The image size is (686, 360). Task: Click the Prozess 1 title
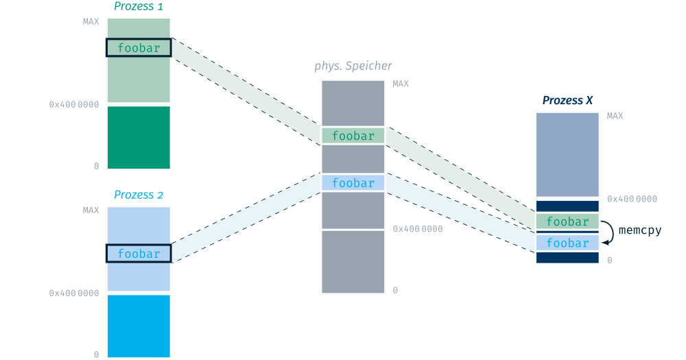pos(138,8)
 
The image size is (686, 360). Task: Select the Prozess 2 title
pos(138,195)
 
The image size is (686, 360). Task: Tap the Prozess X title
pos(567,101)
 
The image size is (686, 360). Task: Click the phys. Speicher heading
pos(353,67)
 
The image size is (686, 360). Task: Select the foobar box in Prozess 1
pos(138,48)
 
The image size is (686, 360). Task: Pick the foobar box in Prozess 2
pos(138,254)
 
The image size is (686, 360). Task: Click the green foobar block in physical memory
pos(353,136)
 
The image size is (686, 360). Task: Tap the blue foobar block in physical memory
pos(353,183)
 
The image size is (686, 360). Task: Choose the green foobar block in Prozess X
pos(567,221)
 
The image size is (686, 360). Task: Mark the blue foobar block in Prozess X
pos(567,243)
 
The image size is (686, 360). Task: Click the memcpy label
pos(639,230)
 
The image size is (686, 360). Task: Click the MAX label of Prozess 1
pos(91,21)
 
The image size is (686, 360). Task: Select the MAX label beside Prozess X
pos(615,116)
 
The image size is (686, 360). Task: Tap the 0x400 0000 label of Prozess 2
pos(73,293)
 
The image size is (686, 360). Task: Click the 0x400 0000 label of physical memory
pos(417,229)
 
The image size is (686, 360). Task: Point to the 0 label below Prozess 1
pos(96,166)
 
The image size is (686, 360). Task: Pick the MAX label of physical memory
pos(401,84)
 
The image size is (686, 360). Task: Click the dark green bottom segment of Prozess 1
pos(138,137)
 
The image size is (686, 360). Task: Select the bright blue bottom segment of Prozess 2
pos(138,326)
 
